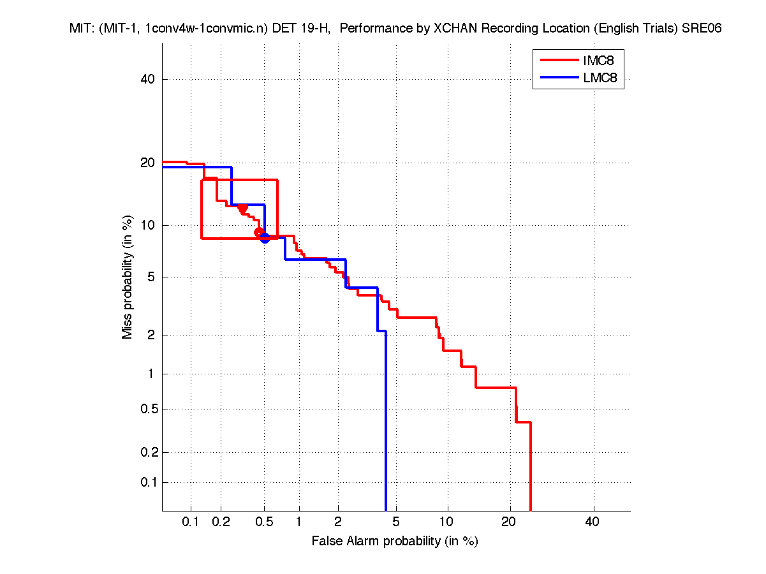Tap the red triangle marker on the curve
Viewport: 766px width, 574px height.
pyautogui.click(x=242, y=209)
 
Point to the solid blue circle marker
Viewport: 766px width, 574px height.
pyautogui.click(x=265, y=239)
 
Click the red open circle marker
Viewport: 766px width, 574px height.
pyautogui.click(x=258, y=232)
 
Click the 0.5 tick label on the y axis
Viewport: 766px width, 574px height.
pyautogui.click(x=146, y=409)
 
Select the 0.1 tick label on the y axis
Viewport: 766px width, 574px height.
pyautogui.click(x=146, y=482)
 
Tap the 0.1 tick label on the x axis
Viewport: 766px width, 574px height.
pyautogui.click(x=191, y=522)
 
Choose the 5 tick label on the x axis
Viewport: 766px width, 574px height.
pyautogui.click(x=396, y=522)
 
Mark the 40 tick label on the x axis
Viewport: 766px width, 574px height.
pyautogui.click(x=592, y=522)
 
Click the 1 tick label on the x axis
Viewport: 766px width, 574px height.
pyautogui.click(x=299, y=522)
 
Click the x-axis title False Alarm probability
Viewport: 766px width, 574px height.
pyautogui.click(x=395, y=541)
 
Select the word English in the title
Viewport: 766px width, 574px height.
pyautogui.click(x=623, y=29)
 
